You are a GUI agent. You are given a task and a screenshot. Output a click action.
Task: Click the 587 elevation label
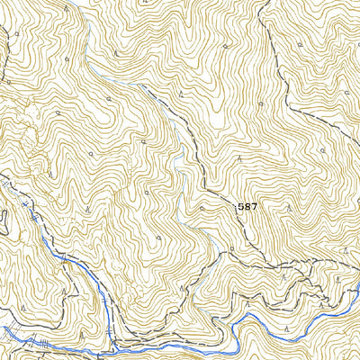(x=247, y=206)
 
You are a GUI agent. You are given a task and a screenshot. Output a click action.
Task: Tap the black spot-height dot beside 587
(x=236, y=207)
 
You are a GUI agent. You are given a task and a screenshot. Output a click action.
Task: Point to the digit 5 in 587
(x=242, y=206)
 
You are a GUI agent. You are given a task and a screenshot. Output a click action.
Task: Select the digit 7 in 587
(x=254, y=206)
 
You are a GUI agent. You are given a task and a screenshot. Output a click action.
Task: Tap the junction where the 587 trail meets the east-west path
(x=225, y=256)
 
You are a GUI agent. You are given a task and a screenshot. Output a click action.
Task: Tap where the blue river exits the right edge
(x=357, y=292)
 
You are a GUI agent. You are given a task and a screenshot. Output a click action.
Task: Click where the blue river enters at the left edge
(x=3, y=328)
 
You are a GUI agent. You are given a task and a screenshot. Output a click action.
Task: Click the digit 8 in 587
(x=247, y=206)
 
